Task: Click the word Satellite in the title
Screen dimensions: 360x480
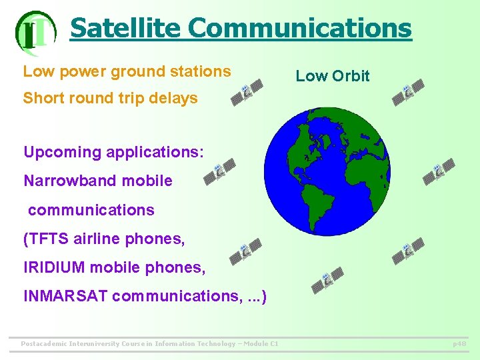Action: (x=125, y=28)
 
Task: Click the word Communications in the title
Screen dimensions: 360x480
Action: (x=300, y=28)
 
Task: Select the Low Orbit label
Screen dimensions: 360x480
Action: (x=332, y=76)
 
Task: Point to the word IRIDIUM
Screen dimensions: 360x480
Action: (x=54, y=267)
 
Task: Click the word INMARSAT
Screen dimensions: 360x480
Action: (x=65, y=296)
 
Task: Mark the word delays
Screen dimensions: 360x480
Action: (x=174, y=98)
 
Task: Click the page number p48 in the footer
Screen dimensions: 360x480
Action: (x=459, y=344)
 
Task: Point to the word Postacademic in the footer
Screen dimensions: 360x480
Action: (x=46, y=344)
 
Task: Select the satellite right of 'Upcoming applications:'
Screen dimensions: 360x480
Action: (x=220, y=171)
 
